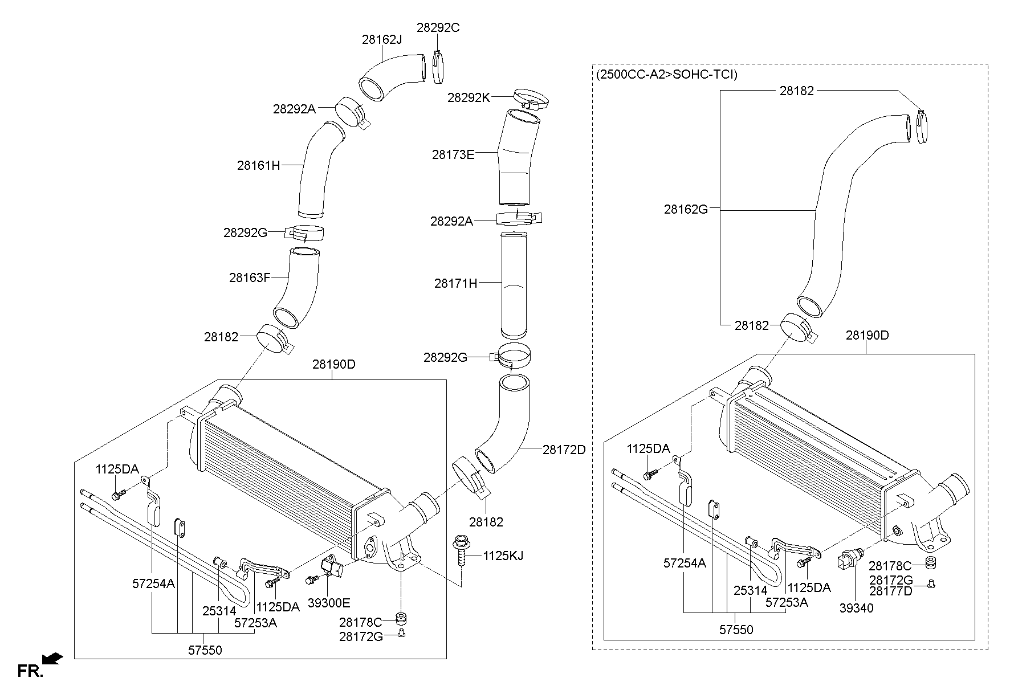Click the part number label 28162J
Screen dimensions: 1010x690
382,39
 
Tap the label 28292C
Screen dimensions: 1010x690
438,27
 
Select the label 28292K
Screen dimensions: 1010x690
469,97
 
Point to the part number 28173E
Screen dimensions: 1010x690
453,154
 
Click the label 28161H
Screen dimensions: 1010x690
259,166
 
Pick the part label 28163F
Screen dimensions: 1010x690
250,277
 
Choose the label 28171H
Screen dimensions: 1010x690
455,283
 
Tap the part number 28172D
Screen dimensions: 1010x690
564,450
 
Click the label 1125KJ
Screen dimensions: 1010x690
503,556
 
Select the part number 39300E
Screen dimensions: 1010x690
329,603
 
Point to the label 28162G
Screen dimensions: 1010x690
686,209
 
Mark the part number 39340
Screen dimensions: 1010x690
856,608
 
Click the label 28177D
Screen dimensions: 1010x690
891,591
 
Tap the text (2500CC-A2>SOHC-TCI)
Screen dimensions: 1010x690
666,75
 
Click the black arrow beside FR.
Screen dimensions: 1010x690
52,659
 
